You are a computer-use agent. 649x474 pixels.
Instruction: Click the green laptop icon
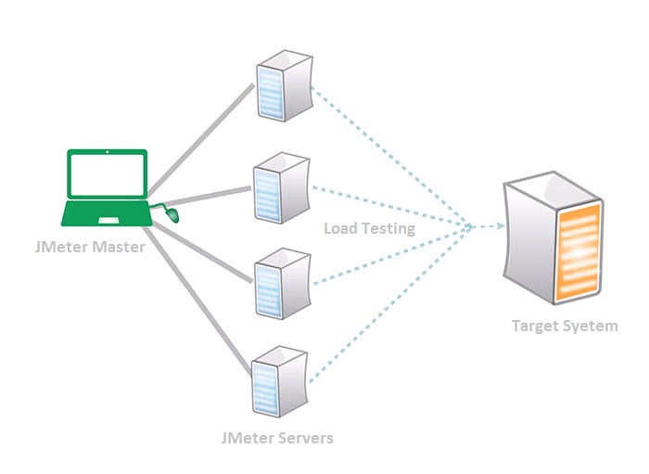coord(107,188)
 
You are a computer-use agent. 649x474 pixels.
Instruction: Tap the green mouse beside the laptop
coord(172,215)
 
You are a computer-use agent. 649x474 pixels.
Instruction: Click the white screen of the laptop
coord(108,174)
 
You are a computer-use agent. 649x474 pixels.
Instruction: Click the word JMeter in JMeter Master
coord(61,247)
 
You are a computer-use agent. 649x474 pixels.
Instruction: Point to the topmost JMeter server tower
coord(285,85)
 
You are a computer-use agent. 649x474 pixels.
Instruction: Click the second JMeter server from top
coord(282,187)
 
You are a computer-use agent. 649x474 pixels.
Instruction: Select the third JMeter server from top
coord(283,284)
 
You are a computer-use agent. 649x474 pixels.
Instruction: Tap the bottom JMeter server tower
coord(280,381)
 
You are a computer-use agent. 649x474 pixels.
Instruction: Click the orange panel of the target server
coord(579,252)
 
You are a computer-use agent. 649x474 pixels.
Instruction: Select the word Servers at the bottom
coord(305,438)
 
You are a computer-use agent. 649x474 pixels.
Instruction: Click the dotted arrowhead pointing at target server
coord(501,226)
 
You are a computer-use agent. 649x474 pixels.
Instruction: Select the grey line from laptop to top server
coord(200,141)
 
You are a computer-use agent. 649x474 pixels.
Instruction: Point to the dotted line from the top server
coord(391,157)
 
